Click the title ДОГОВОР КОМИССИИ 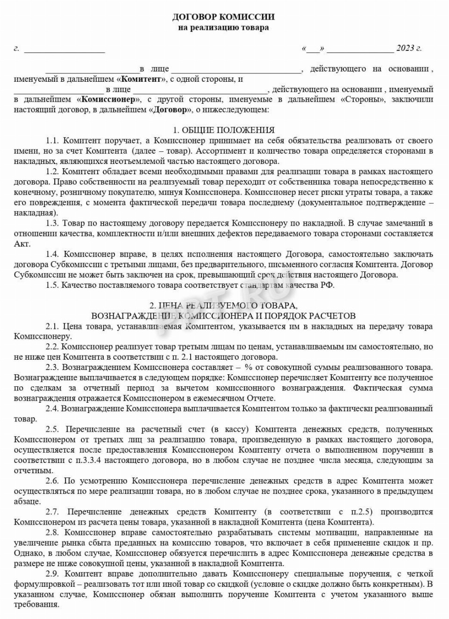[x=223, y=17]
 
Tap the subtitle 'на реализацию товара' [x=223, y=27]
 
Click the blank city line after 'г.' [x=64, y=49]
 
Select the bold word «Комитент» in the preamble [x=141, y=79]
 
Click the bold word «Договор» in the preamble [x=170, y=110]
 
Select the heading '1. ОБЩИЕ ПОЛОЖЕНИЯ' [x=224, y=130]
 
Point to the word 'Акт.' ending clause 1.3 [x=22, y=244]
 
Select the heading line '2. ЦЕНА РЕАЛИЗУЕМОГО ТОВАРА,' [x=223, y=306]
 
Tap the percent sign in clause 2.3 [x=251, y=368]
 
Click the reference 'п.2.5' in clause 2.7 [x=357, y=512]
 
